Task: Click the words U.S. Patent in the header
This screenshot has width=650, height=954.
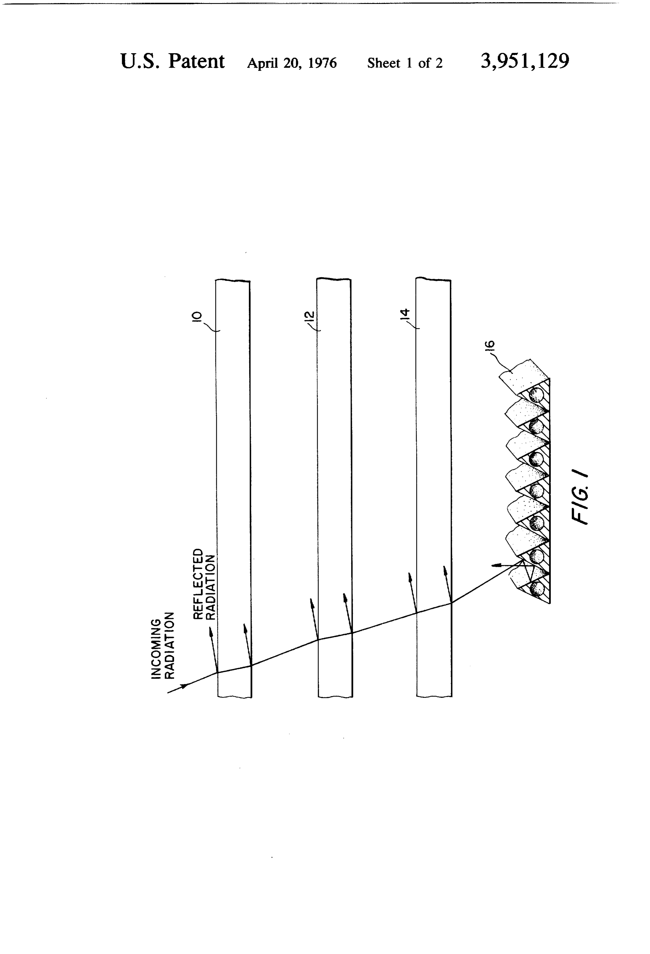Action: (172, 62)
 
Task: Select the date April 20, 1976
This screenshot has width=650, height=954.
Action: (292, 63)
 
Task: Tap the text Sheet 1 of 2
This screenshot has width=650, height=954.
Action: (405, 63)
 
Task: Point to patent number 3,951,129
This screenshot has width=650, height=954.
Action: (525, 61)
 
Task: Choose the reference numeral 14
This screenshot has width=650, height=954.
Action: (405, 314)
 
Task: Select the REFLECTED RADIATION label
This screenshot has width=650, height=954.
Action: (204, 584)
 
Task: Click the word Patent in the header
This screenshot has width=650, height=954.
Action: (196, 62)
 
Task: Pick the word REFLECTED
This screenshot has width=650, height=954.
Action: (198, 584)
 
